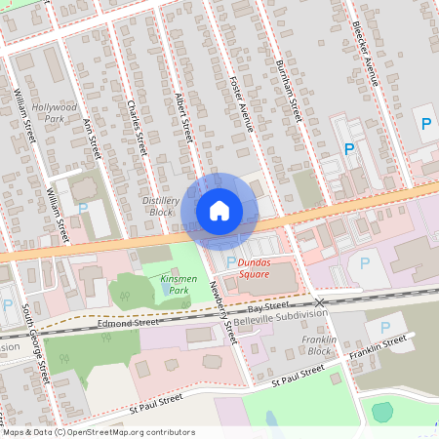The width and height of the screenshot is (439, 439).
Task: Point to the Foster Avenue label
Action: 240,102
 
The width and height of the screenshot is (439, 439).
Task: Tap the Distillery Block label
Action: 161,205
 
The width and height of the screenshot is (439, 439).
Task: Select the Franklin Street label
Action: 379,345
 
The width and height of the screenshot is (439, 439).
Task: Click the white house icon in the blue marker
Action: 219,210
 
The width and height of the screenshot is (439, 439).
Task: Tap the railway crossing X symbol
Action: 319,303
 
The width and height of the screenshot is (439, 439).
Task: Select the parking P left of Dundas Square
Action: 230,261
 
